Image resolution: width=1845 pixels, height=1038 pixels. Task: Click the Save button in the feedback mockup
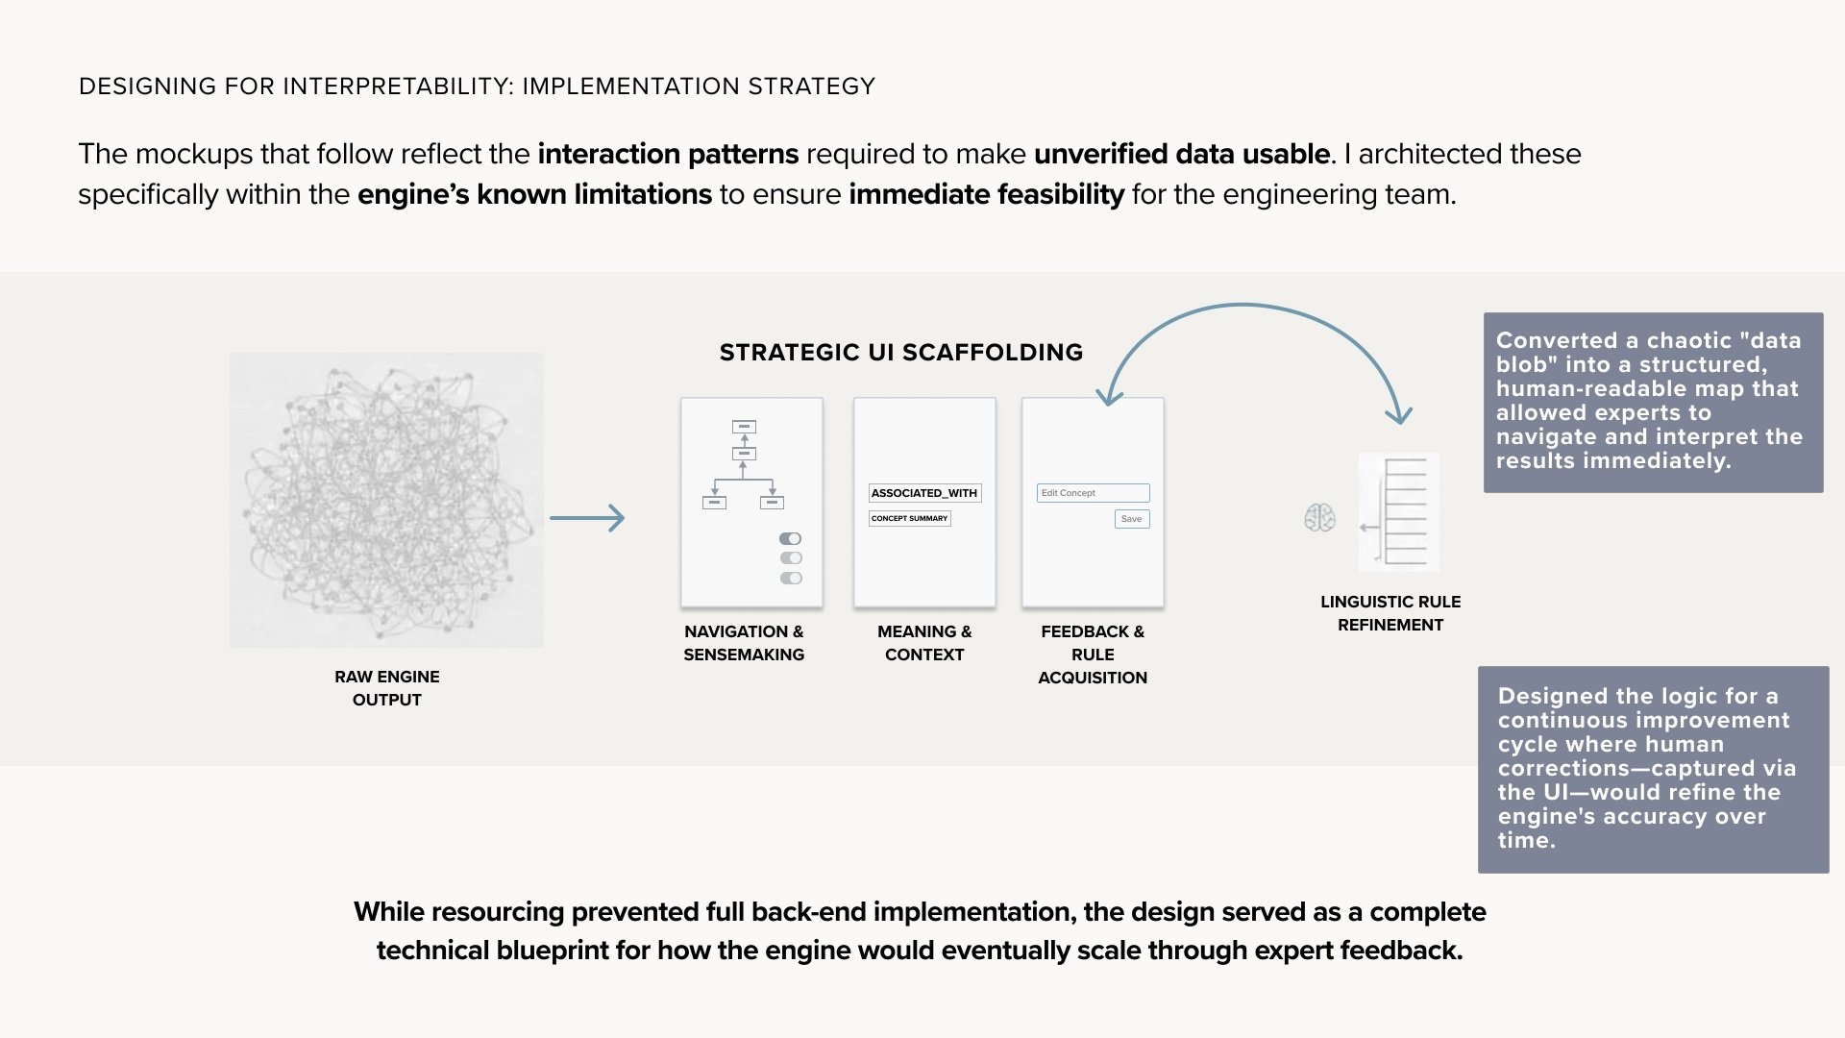(x=1131, y=519)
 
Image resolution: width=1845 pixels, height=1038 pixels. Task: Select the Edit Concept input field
(x=1093, y=493)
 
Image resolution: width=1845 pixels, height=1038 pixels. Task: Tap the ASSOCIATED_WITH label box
(x=924, y=493)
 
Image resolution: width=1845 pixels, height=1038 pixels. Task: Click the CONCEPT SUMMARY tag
(x=909, y=518)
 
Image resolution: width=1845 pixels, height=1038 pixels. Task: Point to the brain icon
(x=1319, y=518)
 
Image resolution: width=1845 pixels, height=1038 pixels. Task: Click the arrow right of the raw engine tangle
(x=587, y=518)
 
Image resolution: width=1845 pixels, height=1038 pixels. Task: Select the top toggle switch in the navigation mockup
(x=790, y=539)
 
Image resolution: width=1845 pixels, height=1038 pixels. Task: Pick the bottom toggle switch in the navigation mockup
(x=790, y=578)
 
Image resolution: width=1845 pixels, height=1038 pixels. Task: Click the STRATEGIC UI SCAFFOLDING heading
(x=900, y=353)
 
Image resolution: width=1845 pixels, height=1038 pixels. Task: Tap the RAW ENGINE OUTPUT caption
(x=386, y=688)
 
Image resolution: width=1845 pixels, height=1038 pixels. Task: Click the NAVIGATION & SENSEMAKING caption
(x=744, y=643)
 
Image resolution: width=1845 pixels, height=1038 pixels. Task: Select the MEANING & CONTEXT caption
(x=923, y=643)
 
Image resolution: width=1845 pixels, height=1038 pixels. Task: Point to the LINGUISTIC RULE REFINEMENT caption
(x=1390, y=613)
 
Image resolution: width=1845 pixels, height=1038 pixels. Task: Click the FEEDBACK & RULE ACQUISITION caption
(x=1093, y=655)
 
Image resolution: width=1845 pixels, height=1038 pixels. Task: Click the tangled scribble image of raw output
(x=386, y=500)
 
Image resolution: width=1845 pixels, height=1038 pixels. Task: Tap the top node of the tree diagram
(x=744, y=427)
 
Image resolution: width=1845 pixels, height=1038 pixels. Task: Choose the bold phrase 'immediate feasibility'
(x=986, y=194)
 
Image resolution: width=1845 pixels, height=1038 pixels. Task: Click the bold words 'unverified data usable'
(x=1182, y=154)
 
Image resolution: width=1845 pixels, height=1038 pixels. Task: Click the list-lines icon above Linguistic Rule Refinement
(x=1399, y=511)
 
